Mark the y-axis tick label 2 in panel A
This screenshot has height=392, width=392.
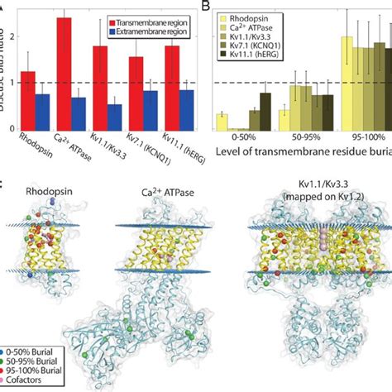coord(7,36)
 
